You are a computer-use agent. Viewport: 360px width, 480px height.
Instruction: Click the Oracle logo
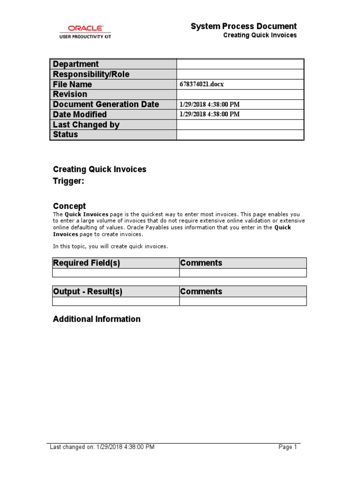(85, 28)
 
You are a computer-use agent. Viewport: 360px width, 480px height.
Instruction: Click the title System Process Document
(243, 26)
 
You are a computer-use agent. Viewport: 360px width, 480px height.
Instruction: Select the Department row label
(76, 64)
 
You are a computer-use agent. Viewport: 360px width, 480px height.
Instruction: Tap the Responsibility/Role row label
(91, 75)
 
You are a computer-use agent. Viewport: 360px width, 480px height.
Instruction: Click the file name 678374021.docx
(202, 85)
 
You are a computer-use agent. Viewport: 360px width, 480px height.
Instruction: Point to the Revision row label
(70, 94)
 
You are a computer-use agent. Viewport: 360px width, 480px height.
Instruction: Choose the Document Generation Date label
(106, 104)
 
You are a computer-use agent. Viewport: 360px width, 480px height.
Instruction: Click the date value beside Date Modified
(210, 114)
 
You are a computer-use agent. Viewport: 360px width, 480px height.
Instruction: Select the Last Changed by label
(86, 125)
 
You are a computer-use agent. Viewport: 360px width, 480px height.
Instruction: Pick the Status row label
(66, 135)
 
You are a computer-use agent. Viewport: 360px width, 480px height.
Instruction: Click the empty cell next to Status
(240, 135)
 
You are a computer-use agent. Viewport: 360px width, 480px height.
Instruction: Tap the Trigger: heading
(68, 182)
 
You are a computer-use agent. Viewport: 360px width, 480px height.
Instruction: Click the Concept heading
(69, 206)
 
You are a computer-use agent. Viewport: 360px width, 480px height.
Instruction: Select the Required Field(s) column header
(87, 263)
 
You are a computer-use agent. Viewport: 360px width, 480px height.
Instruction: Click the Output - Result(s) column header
(88, 292)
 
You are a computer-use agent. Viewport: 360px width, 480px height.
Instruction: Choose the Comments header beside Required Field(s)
(201, 263)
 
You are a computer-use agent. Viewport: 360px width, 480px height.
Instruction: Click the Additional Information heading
(97, 319)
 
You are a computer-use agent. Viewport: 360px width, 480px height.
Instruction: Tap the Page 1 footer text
(288, 447)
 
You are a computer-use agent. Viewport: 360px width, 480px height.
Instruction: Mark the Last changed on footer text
(102, 447)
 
